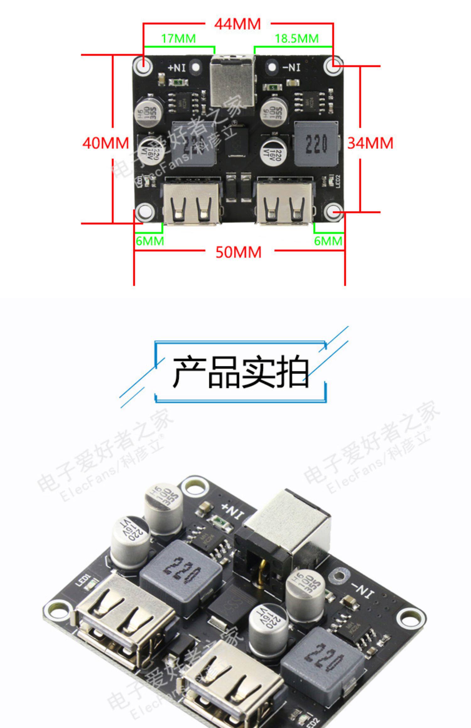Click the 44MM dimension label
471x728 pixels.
pyautogui.click(x=237, y=24)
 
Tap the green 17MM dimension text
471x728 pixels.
pyautogui.click(x=178, y=39)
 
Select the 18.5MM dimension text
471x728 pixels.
pyautogui.click(x=296, y=39)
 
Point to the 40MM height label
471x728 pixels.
pyautogui.click(x=106, y=143)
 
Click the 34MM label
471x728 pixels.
pyautogui.click(x=370, y=143)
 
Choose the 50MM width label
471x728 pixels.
pyautogui.click(x=238, y=252)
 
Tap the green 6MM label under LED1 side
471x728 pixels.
pyautogui.click(x=150, y=241)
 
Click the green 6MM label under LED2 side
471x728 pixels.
pyautogui.click(x=328, y=241)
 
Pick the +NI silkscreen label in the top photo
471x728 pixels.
pyautogui.click(x=177, y=67)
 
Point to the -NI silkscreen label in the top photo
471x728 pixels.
pyautogui.click(x=291, y=67)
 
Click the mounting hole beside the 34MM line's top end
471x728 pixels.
pyautogui.click(x=333, y=66)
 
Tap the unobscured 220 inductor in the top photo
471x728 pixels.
pyautogui.click(x=316, y=144)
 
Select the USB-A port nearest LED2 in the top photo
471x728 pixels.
pyautogui.click(x=284, y=203)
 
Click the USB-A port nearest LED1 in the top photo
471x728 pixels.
pyautogui.click(x=192, y=203)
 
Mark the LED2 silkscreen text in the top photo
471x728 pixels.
pyautogui.click(x=338, y=181)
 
